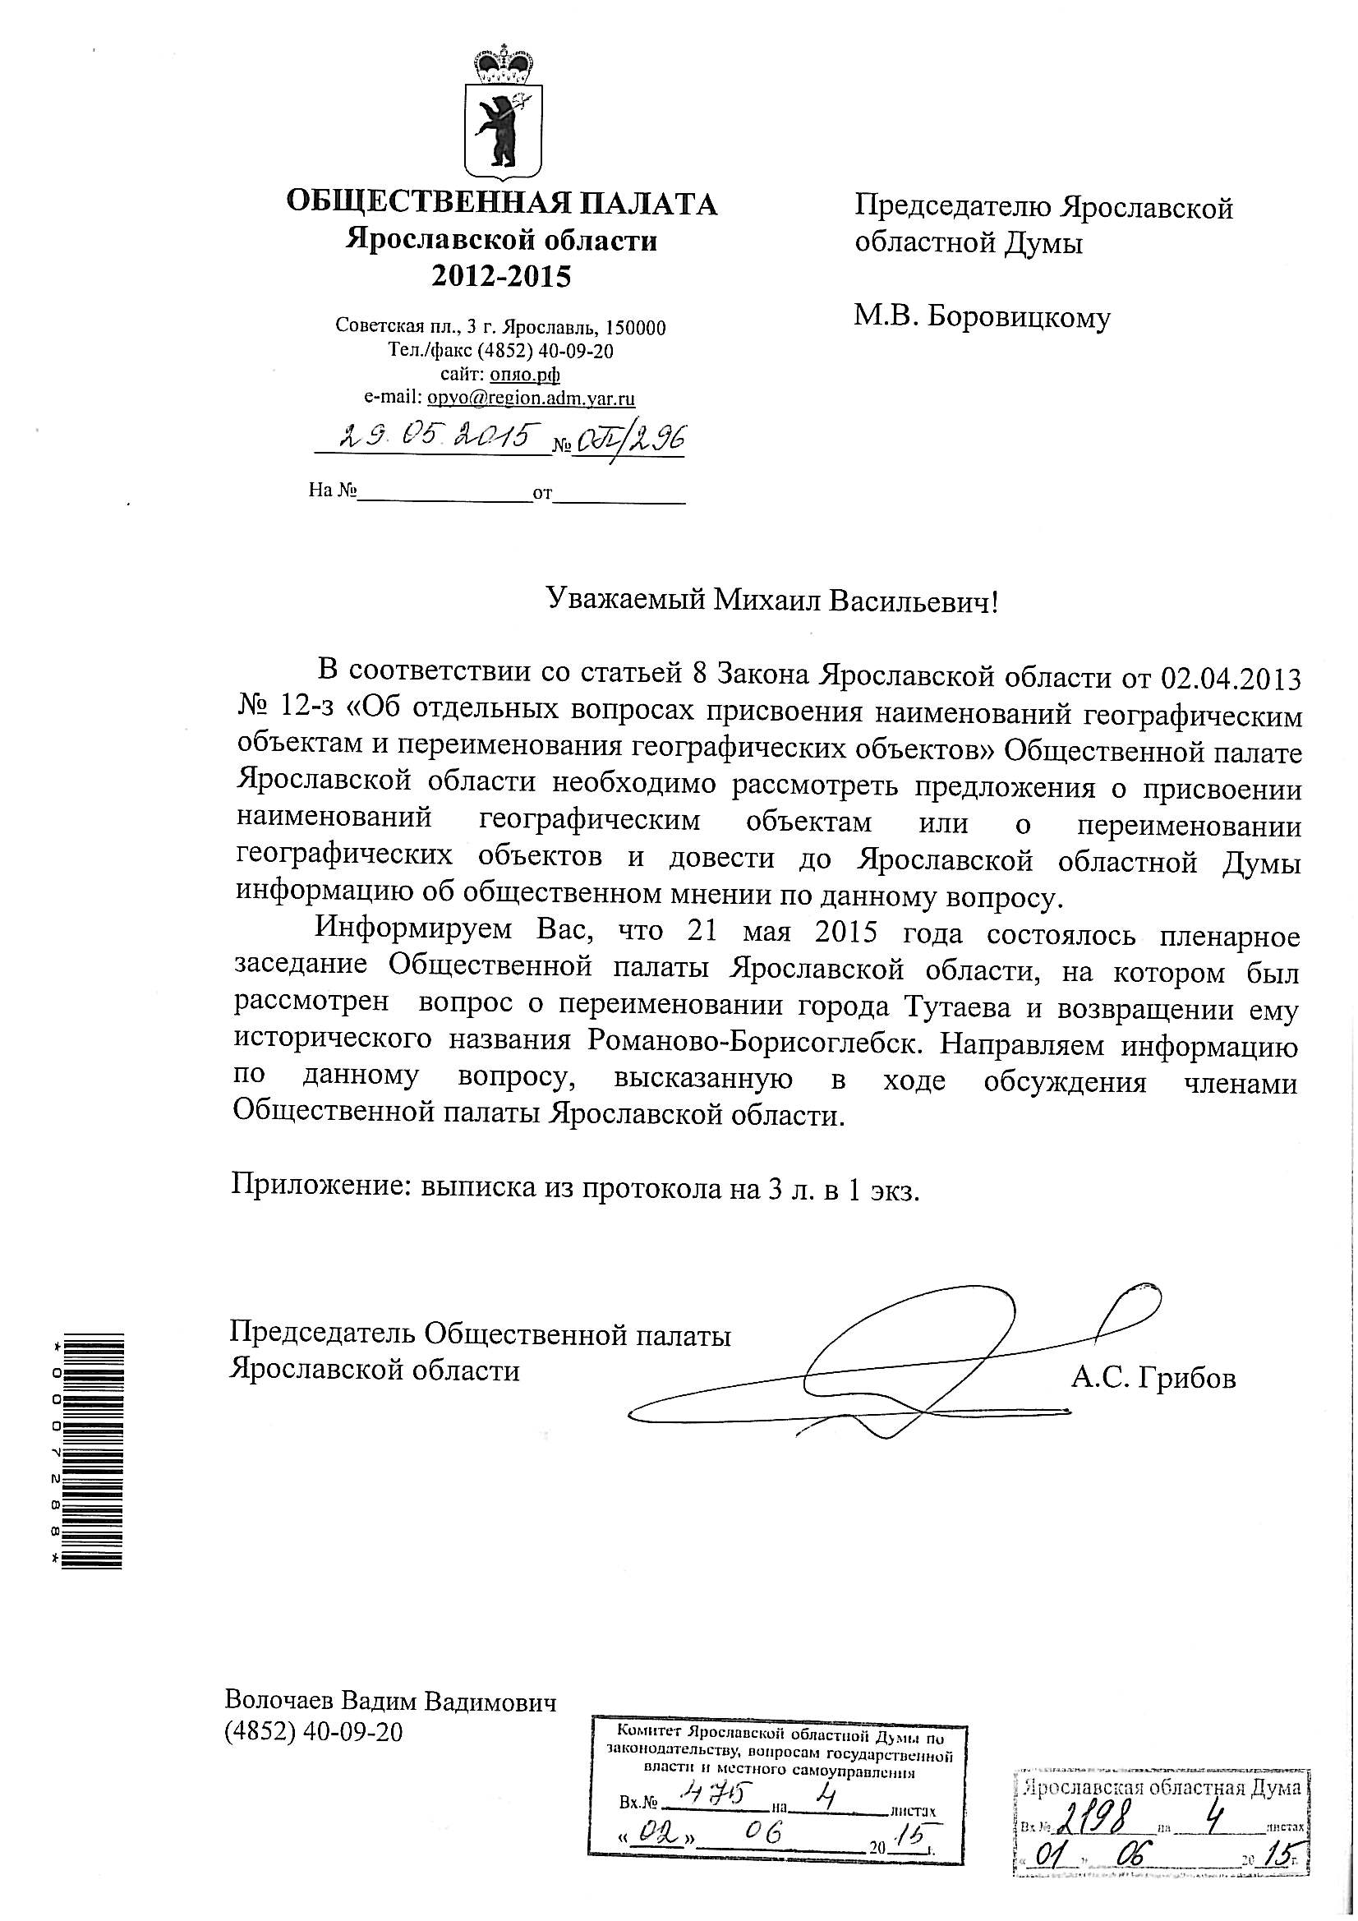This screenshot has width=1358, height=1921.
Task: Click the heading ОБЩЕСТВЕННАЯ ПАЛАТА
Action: [x=501, y=203]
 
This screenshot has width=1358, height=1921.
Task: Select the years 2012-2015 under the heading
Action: [x=501, y=276]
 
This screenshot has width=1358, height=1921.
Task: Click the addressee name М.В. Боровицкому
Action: [x=982, y=317]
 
